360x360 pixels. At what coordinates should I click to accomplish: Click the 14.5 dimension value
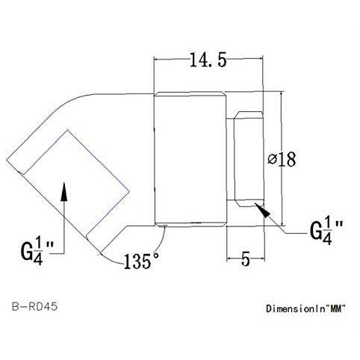click(208, 60)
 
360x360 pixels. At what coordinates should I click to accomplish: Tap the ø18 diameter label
click(282, 159)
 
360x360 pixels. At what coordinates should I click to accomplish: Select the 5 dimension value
click(246, 259)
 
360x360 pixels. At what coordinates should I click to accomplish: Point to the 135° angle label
click(141, 261)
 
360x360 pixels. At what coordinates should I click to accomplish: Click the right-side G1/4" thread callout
click(326, 230)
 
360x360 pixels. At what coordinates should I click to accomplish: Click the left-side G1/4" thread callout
click(37, 251)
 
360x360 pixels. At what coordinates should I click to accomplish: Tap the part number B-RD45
click(34, 306)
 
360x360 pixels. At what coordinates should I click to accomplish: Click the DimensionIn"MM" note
click(306, 308)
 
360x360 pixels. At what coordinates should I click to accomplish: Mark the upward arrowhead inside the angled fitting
click(64, 191)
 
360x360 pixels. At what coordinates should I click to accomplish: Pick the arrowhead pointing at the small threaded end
click(263, 210)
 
